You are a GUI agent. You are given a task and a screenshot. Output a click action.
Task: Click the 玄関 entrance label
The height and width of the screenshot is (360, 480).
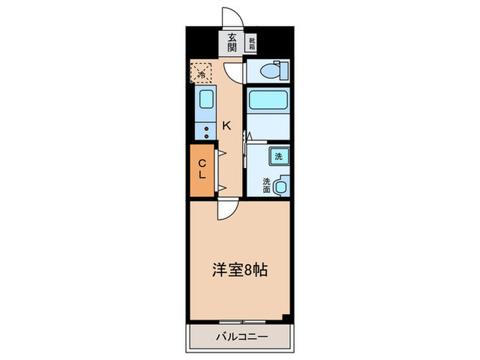pos(232,44)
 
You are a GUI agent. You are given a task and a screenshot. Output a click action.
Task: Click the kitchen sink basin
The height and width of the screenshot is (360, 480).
pos(206,100)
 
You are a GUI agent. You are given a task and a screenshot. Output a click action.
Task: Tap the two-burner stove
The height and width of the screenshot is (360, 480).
pos(206,131)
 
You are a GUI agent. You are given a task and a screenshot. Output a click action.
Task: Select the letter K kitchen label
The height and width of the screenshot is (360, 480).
pos(226,125)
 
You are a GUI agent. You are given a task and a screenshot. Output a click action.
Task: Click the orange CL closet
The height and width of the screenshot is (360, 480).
pos(203,169)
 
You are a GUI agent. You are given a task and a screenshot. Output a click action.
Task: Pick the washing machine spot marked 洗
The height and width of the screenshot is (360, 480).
pos(278,156)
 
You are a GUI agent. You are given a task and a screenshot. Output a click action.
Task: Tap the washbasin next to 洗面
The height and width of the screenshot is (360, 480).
pos(281,184)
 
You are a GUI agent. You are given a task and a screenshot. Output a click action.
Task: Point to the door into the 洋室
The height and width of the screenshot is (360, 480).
pos(226,209)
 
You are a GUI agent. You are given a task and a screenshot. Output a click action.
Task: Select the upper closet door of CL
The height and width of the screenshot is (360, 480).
pos(221,155)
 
